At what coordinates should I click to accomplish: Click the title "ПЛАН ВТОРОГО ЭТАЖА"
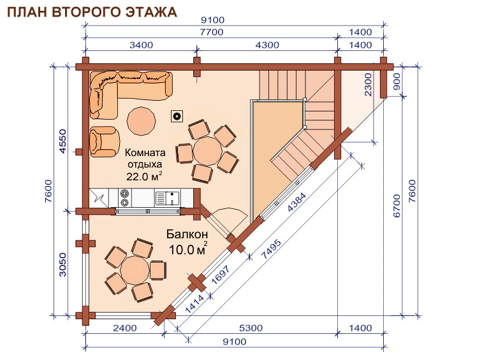(92, 12)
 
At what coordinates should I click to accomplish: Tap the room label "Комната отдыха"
(145, 158)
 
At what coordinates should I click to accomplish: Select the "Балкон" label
(187, 234)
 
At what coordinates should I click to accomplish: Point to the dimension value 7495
(271, 249)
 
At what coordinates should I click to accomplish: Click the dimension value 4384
(296, 202)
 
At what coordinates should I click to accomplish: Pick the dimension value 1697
(221, 275)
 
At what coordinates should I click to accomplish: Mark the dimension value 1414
(195, 304)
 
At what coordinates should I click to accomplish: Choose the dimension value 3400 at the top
(141, 45)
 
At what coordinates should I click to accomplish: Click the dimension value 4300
(267, 45)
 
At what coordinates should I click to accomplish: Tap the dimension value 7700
(212, 32)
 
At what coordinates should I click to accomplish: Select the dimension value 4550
(62, 141)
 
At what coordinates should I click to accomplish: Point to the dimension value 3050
(62, 264)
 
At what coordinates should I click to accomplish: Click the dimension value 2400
(125, 328)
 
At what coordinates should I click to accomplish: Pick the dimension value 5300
(251, 328)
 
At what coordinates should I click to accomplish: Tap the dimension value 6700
(397, 206)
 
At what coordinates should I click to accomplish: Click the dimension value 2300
(368, 85)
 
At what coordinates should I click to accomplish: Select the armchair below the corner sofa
(105, 141)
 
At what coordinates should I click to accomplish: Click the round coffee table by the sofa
(142, 121)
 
